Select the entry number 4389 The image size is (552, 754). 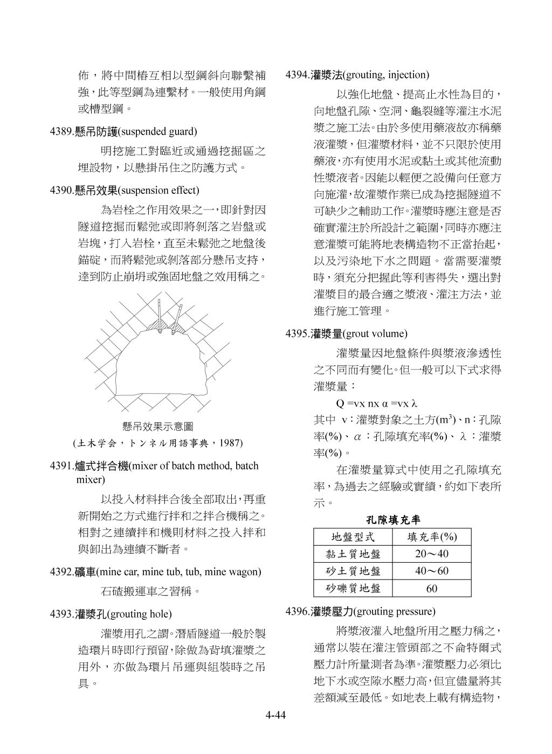point(61,131)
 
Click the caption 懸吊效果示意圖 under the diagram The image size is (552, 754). point(158,427)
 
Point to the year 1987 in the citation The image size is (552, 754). point(230,443)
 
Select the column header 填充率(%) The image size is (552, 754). point(432,537)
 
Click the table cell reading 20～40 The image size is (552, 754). point(432,554)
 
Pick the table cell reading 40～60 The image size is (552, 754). point(432,571)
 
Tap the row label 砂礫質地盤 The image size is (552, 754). point(353,589)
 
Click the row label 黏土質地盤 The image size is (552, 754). point(353,554)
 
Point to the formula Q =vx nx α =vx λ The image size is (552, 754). point(377,403)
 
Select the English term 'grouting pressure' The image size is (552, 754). point(395,611)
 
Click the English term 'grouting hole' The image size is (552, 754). point(140,614)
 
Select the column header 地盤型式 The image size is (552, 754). point(353,537)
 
